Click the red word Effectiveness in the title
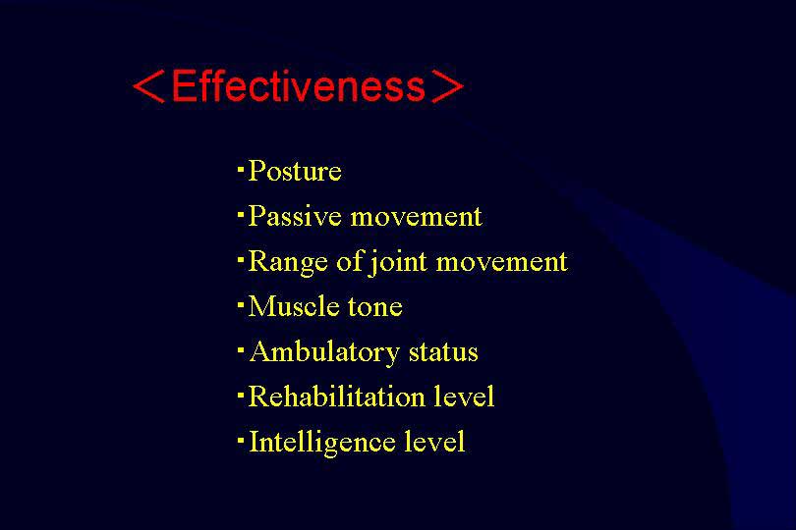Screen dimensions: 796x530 pos(299,85)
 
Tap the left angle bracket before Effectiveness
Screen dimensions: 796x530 pos(148,86)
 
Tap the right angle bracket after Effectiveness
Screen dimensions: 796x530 pos(448,86)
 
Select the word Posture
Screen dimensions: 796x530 pos(295,171)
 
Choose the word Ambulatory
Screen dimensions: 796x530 pos(325,352)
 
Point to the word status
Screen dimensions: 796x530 pos(443,352)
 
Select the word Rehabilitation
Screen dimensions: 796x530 pos(336,397)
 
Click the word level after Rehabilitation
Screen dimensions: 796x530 pos(464,397)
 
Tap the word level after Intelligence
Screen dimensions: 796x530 pos(434,442)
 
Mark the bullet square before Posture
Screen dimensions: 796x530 pos(241,168)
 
